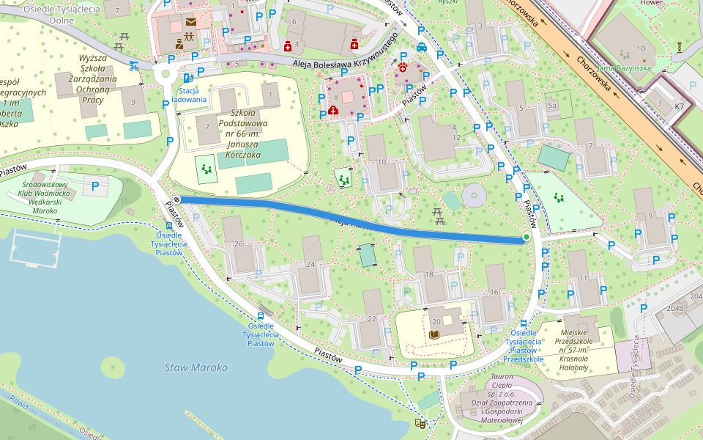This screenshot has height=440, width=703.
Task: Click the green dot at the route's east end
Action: click(527, 237)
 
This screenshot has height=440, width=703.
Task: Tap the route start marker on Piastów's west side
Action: click(176, 199)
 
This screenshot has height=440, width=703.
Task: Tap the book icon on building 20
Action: click(434, 334)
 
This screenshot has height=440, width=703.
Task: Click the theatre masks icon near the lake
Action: click(420, 423)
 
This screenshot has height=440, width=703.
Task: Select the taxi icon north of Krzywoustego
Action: click(422, 47)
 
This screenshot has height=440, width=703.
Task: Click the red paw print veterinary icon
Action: click(403, 67)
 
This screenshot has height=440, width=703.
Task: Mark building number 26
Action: click(238, 243)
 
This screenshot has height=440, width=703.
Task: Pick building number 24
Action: click(310, 264)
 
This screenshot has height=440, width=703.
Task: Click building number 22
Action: click(371, 318)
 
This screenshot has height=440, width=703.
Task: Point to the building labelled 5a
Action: click(553, 106)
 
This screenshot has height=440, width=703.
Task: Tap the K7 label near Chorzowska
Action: click(680, 106)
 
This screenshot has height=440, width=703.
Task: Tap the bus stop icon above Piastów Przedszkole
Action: click(524, 323)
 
